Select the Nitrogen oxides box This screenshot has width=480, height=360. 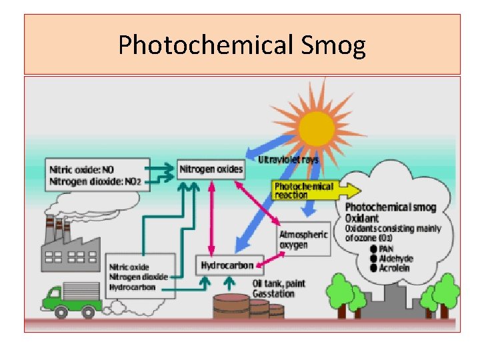tap(211, 169)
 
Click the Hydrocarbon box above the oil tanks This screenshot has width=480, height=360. tap(227, 265)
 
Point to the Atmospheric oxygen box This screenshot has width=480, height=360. tap(304, 239)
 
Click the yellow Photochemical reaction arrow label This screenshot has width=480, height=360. tap(304, 190)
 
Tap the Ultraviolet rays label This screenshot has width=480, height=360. tap(289, 160)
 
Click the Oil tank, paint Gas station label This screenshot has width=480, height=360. tap(279, 288)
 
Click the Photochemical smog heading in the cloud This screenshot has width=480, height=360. tap(390, 207)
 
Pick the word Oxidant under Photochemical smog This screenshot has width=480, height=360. tap(363, 218)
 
